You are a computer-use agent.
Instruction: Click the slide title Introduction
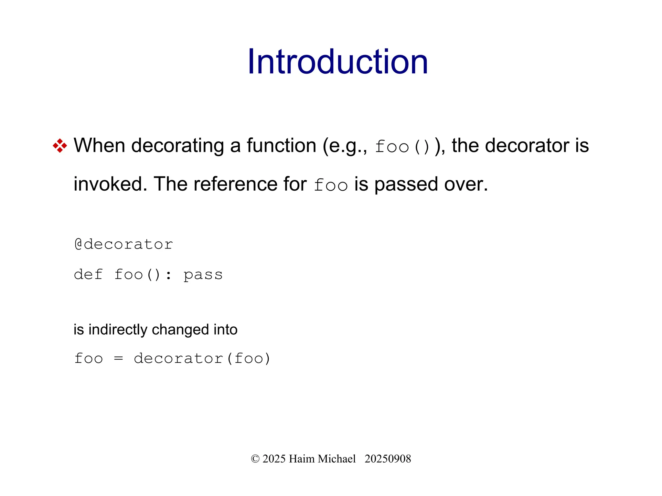[337, 62]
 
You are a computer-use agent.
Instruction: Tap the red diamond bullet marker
[60, 146]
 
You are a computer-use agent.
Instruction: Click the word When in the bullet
[99, 145]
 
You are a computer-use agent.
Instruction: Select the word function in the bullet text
[281, 145]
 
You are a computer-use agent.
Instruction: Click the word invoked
[110, 184]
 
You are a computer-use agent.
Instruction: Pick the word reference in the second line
[235, 184]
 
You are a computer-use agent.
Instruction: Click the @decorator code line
[124, 244]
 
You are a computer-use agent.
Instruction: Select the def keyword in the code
[88, 275]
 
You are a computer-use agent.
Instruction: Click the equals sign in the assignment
[118, 358]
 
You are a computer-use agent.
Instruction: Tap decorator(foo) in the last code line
[202, 358]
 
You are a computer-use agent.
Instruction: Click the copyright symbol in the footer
[255, 459]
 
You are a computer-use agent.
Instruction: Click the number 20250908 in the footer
[388, 459]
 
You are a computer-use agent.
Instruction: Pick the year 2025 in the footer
[274, 459]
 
